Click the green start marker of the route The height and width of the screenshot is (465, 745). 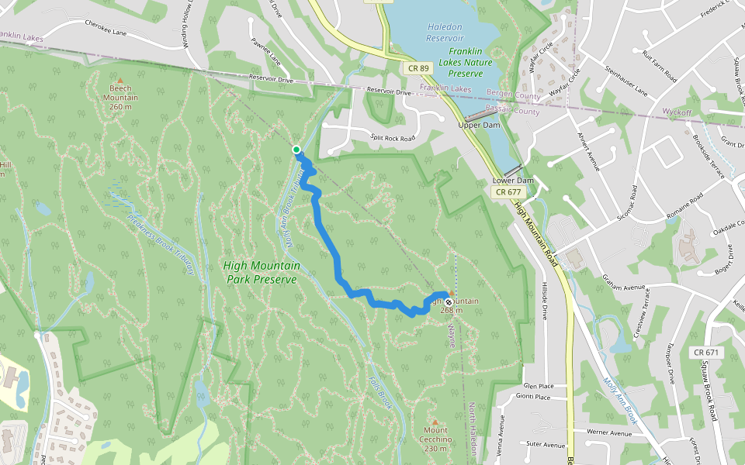296,150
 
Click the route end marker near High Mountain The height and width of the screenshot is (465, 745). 449,301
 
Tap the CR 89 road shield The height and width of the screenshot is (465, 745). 418,68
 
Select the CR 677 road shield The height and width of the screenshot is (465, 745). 508,191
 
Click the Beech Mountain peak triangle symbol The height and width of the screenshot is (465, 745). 120,80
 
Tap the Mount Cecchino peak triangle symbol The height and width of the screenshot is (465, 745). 435,422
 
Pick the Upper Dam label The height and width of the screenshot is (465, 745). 479,125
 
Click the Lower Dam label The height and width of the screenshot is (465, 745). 513,181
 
